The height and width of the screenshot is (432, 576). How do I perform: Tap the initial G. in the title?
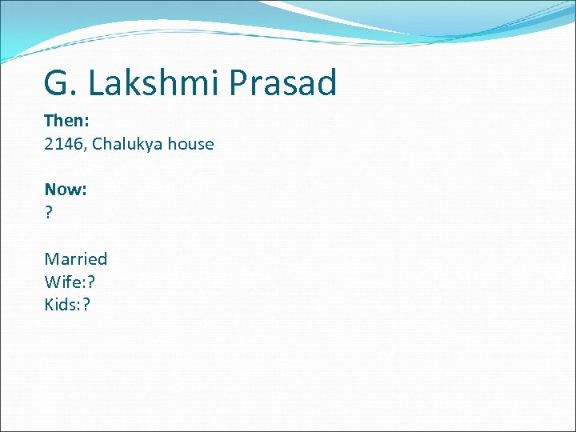tap(61, 83)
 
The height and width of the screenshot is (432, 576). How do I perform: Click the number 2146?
tap(64, 145)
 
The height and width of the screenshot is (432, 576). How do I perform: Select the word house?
tap(190, 145)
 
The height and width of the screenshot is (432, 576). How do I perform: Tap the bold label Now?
tap(66, 190)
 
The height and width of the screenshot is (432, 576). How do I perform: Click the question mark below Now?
tap(49, 213)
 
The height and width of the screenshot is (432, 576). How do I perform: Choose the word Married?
tap(76, 259)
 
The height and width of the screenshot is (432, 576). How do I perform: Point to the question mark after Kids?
tap(86, 305)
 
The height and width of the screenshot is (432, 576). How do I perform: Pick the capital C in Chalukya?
tap(98, 145)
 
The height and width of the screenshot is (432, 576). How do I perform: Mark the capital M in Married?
tap(51, 259)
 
